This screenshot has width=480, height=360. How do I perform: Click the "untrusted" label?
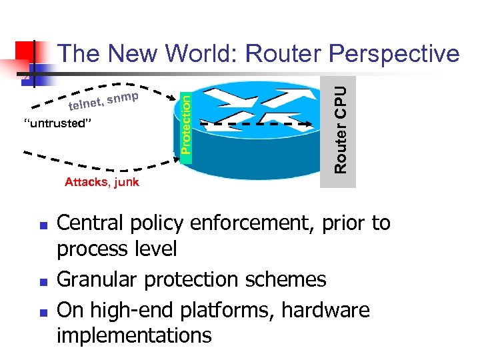point(57,123)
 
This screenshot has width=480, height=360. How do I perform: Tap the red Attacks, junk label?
point(102,182)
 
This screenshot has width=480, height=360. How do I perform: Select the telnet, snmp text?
point(103,102)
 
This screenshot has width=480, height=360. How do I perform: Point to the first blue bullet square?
point(41,225)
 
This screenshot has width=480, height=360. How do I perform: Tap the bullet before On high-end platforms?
point(41,312)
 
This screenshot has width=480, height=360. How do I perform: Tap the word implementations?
point(134,335)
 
